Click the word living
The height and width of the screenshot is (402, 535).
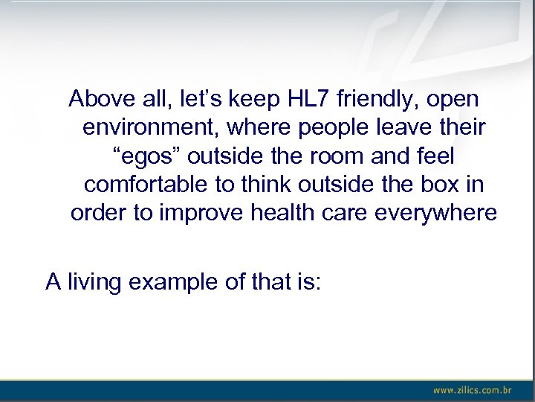click(x=99, y=282)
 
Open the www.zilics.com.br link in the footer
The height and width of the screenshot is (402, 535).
click(x=473, y=389)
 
